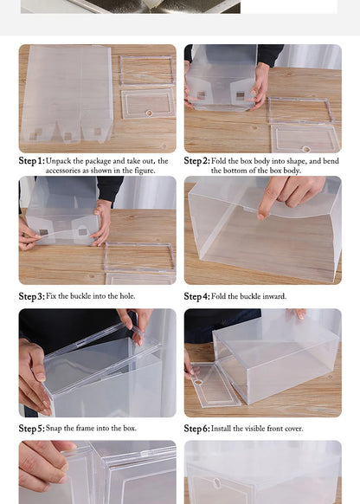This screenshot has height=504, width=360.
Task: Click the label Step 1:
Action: [31, 161]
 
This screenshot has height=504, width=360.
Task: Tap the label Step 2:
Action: [196, 161]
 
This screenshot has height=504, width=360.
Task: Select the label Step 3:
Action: [31, 296]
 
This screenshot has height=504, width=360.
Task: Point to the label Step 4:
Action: [196, 296]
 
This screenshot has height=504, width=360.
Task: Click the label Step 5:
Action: [31, 429]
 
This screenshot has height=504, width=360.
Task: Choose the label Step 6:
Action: [196, 429]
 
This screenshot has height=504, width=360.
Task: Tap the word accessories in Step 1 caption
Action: [67, 171]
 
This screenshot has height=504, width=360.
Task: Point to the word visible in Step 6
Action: [259, 429]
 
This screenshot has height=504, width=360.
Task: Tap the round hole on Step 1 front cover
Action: [148, 113]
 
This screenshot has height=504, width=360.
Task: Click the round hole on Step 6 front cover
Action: [199, 382]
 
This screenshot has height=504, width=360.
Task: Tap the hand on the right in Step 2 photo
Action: [260, 85]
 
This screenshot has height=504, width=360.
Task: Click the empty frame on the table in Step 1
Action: [146, 70]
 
